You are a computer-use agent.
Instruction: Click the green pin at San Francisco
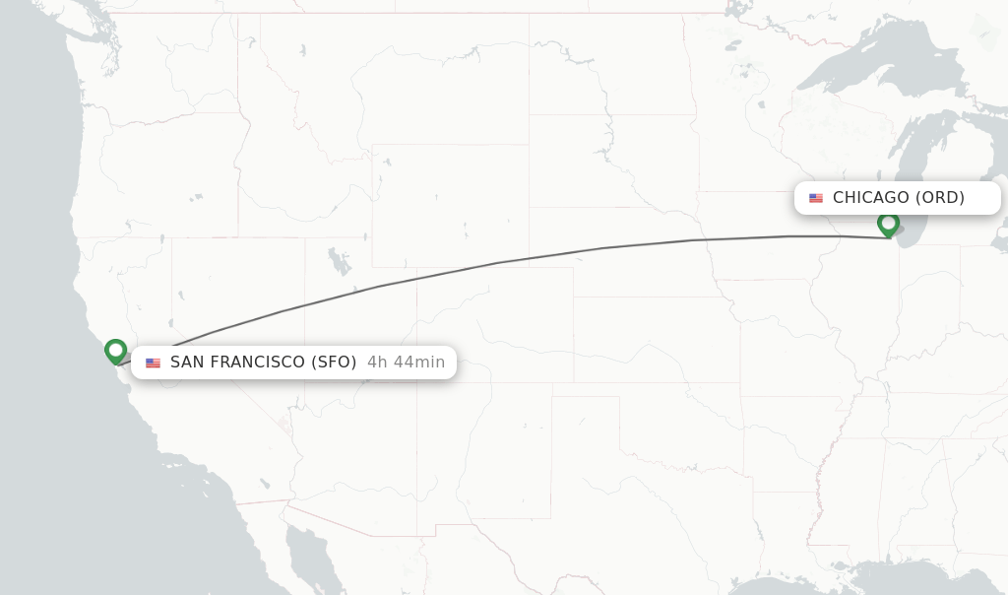tap(115, 350)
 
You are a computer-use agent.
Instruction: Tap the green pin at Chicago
tap(888, 224)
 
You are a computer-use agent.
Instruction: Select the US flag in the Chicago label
tap(816, 198)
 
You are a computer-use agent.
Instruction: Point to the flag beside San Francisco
tap(153, 363)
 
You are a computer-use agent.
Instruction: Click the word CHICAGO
tap(870, 198)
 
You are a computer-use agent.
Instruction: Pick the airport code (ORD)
tap(940, 198)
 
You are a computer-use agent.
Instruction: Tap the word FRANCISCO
tap(258, 363)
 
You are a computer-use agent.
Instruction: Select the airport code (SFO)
tap(334, 363)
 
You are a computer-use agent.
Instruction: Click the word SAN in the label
tap(186, 363)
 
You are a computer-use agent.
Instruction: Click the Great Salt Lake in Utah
tap(340, 263)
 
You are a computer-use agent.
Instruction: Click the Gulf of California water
tap(315, 552)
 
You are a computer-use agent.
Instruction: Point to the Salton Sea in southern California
tap(265, 484)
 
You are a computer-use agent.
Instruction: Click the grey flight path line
tap(497, 263)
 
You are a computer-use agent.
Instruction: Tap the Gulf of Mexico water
tap(915, 581)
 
